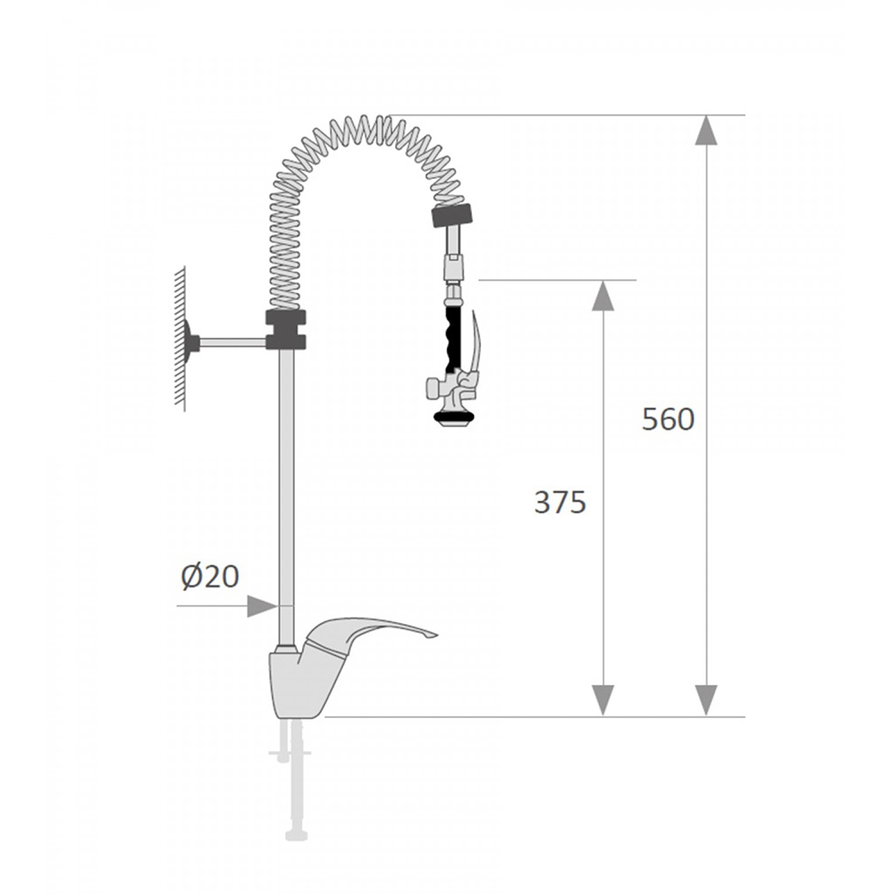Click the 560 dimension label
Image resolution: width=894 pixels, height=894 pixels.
[668, 419]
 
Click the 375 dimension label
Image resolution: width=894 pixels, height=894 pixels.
[560, 502]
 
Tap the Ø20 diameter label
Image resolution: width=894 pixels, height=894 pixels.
[210, 577]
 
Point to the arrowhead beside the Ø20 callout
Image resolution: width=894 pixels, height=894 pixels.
[262, 606]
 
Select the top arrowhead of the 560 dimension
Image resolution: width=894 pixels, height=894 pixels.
[706, 130]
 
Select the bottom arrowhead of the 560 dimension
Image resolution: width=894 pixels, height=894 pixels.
[706, 701]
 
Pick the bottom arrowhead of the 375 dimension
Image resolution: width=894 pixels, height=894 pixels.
[603, 701]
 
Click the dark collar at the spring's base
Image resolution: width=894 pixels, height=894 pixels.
[286, 330]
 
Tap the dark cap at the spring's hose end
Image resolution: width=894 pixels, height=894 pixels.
[452, 215]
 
